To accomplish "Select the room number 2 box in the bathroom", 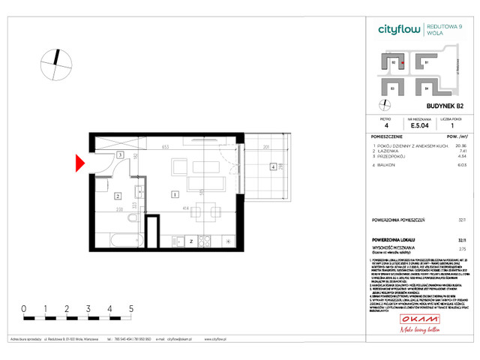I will pyautogui.click(x=118, y=196).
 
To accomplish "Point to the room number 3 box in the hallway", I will pyautogui.click(x=120, y=155).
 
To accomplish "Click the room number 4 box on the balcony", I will pyautogui.click(x=273, y=166).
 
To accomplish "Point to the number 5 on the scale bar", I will pyautogui.click(x=131, y=308).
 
